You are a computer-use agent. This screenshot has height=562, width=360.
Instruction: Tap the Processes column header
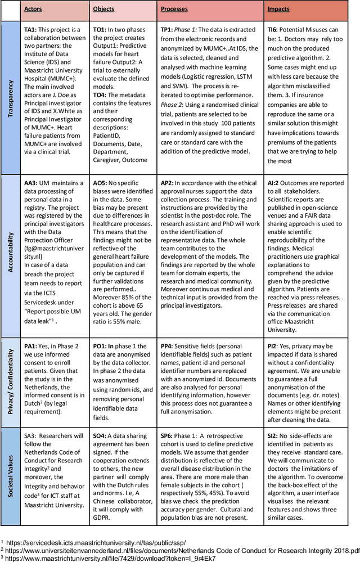[174, 10]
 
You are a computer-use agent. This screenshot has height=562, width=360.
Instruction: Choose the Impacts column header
[279, 10]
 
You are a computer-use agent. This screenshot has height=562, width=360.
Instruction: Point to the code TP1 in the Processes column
[169, 27]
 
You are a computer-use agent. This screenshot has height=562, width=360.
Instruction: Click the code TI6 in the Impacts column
[274, 27]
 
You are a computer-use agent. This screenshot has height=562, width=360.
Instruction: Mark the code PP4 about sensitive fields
[169, 347]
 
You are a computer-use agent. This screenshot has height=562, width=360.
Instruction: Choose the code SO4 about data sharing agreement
[101, 436]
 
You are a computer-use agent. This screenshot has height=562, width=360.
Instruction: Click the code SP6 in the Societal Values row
[169, 436]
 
